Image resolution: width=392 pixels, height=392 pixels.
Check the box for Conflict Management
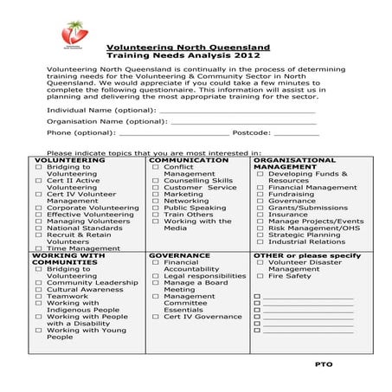[156, 167]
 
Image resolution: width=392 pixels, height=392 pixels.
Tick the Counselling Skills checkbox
[156, 181]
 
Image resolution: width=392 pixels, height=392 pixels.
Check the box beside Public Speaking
[156, 209]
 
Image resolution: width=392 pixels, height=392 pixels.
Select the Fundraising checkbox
[260, 195]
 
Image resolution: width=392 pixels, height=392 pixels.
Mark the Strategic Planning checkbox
[260, 235]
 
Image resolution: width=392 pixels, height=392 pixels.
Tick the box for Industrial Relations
[260, 241]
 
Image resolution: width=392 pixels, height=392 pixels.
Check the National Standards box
[38, 228]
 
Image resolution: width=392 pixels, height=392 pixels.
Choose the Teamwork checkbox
[38, 297]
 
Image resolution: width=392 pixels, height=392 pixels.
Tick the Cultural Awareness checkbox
[38, 290]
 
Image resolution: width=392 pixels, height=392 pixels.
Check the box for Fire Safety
[260, 276]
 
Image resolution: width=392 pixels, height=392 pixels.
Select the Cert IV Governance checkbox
[156, 317]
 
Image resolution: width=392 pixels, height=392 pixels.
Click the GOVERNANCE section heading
[180, 256]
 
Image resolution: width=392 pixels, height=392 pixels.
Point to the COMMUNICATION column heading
[189, 161]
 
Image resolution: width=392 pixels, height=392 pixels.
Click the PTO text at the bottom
[324, 364]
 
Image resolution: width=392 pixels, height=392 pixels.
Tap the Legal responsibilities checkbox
[156, 276]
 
